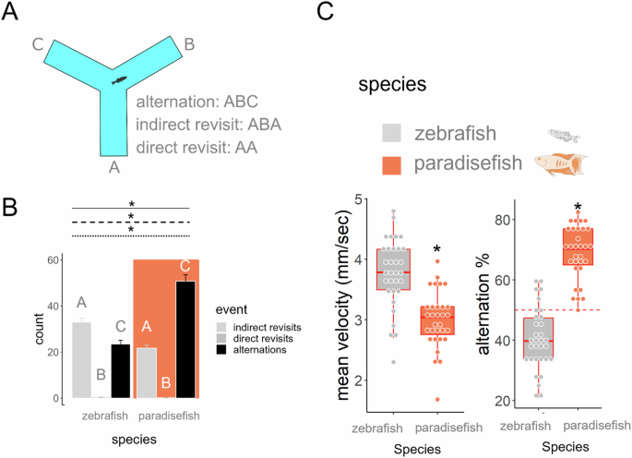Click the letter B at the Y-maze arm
[x=188, y=43]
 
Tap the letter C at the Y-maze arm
[x=38, y=43]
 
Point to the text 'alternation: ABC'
[x=195, y=102]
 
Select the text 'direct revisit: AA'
[x=197, y=147]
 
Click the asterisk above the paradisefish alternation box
[x=578, y=207]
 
